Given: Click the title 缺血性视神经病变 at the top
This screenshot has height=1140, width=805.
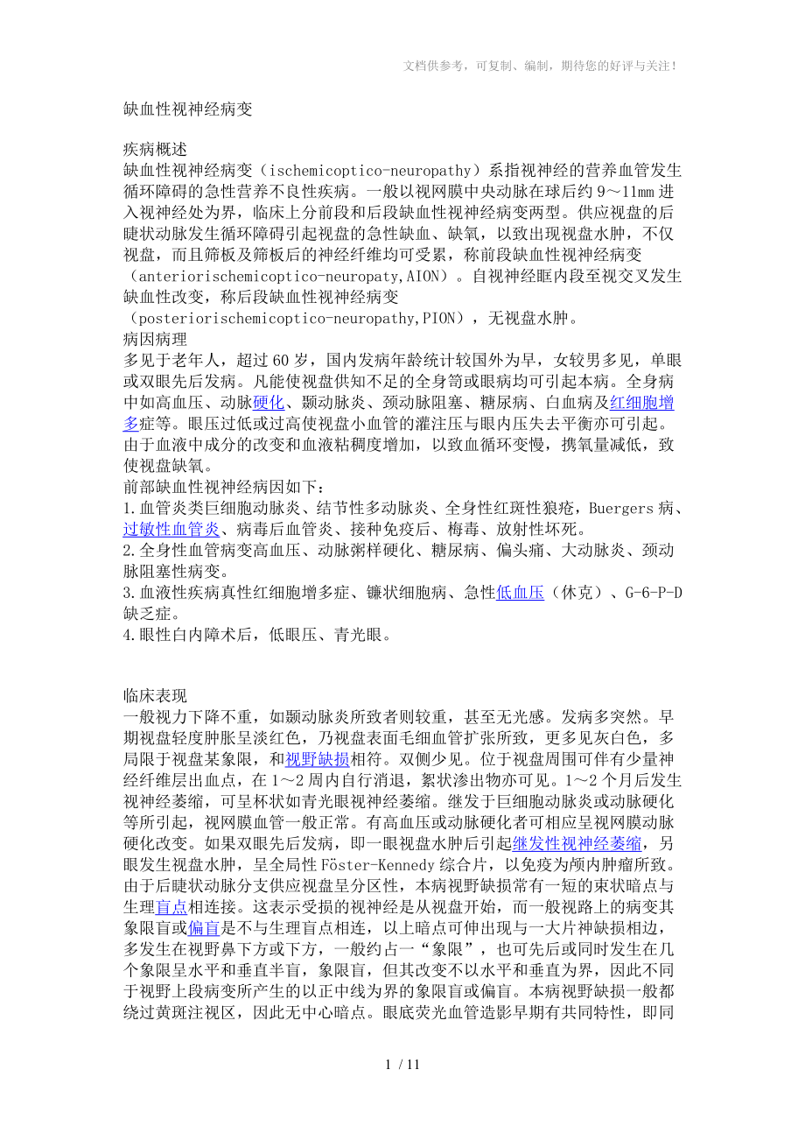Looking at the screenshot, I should pyautogui.click(x=188, y=109).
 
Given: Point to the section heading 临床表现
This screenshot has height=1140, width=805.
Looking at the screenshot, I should pyautogui.click(x=155, y=696).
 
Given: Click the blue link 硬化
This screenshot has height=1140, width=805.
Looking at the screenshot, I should pyautogui.click(x=269, y=403).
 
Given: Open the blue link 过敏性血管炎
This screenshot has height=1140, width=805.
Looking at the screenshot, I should pyautogui.click(x=171, y=529).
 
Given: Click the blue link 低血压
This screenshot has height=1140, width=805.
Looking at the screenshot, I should pyautogui.click(x=520, y=593).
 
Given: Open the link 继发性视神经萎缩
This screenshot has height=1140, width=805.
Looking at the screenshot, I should pyautogui.click(x=577, y=843).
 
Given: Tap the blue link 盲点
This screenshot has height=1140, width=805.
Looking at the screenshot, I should pyautogui.click(x=171, y=906).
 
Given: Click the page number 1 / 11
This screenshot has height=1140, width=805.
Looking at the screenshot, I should pyautogui.click(x=402, y=1065).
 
